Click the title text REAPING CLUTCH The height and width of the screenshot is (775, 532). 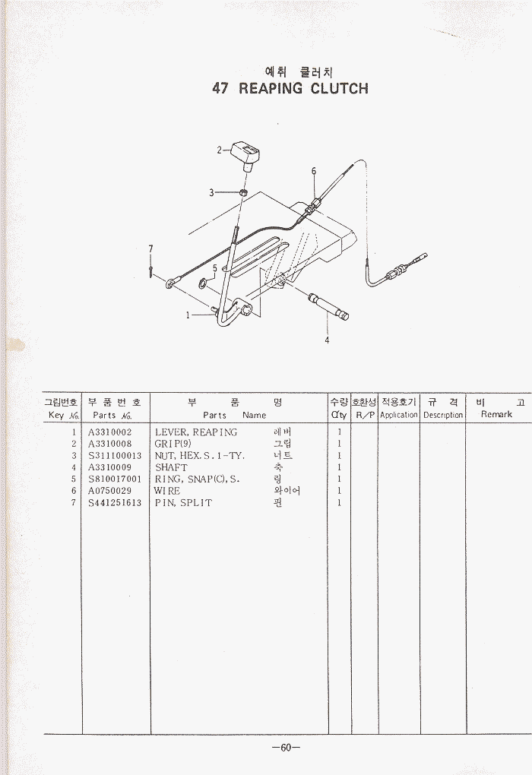tap(303, 88)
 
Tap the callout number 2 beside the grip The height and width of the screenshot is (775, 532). tap(219, 150)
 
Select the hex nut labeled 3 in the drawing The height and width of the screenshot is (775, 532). tap(242, 193)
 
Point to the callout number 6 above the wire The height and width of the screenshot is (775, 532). tap(313, 172)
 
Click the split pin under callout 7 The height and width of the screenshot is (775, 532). tap(150, 271)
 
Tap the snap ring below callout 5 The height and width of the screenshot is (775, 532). tap(204, 283)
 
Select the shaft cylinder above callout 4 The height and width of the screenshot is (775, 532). tap(328, 306)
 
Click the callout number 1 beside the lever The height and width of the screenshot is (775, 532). tap(188, 315)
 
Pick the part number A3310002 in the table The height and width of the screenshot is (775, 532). tap(109, 432)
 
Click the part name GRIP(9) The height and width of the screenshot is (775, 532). tap(173, 444)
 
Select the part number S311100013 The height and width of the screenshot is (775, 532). tap(115, 456)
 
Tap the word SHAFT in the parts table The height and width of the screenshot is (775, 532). tap(171, 467)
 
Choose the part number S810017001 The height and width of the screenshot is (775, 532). tap(115, 479)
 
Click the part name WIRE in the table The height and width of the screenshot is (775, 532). tap(167, 491)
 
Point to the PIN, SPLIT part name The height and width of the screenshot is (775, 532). tap(183, 503)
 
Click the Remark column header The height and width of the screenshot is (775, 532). tap(496, 414)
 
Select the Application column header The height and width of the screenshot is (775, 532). tap(398, 415)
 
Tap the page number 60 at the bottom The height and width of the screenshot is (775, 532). tap(286, 748)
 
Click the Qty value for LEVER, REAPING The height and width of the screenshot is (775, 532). tap(340, 432)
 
